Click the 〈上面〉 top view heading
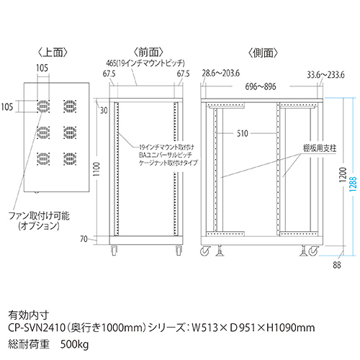tap(53, 53)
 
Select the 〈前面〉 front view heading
tap(148, 53)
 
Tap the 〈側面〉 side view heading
tap(263, 53)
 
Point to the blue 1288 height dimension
tap(353, 184)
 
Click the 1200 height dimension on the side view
tap(343, 175)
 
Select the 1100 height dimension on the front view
tap(96, 169)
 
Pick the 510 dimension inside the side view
tap(243, 133)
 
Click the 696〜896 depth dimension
tap(261, 86)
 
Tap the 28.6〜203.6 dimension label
tap(220, 73)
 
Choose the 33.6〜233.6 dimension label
tap(325, 75)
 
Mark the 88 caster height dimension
tap(337, 265)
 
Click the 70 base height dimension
tap(84, 239)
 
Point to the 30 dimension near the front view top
tap(104, 110)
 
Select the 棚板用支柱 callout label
tap(320, 148)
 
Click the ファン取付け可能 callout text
tap(39, 216)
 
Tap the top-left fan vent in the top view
tap(43, 107)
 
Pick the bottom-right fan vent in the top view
tap(70, 158)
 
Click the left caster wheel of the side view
tap(205, 251)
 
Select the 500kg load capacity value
tap(74, 344)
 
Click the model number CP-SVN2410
tap(37, 328)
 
